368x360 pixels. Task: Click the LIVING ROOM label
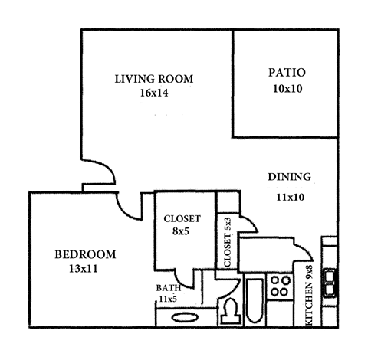tap(154, 78)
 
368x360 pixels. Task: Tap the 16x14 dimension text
tap(154, 93)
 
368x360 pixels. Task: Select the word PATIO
tap(287, 73)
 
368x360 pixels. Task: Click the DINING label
tap(289, 177)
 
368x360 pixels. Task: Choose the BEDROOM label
tap(84, 254)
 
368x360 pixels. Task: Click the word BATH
tap(169, 288)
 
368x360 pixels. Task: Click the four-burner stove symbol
tap(281, 287)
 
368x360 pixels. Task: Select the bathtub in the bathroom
tap(254, 303)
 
